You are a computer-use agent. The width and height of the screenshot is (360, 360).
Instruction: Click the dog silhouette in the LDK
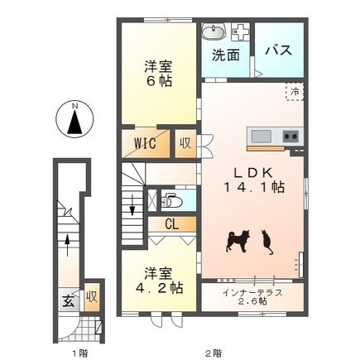pyautogui.click(x=238, y=241)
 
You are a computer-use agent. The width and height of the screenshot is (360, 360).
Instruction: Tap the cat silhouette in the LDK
pyautogui.click(x=267, y=242)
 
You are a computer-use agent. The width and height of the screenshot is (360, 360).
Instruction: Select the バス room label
pyautogui.click(x=279, y=50)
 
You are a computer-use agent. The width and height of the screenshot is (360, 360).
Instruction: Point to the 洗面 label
pyautogui.click(x=225, y=55)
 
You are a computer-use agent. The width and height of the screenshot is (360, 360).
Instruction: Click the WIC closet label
pyautogui.click(x=145, y=143)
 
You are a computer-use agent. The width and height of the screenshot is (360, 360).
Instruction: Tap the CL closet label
pyautogui.click(x=171, y=224)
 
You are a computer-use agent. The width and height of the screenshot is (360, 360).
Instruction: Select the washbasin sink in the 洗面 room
pyautogui.click(x=214, y=31)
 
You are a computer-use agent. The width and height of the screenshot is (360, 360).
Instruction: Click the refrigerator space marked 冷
pyautogui.click(x=295, y=92)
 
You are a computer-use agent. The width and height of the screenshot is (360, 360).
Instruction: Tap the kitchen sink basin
pyautogui.click(x=261, y=136)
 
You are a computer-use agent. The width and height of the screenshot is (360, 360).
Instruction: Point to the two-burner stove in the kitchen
pyautogui.click(x=290, y=136)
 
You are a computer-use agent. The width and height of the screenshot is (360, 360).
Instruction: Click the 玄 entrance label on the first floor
pyautogui.click(x=68, y=300)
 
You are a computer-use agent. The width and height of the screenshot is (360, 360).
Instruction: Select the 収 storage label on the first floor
pyautogui.click(x=92, y=296)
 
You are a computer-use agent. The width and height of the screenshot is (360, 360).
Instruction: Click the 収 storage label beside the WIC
pyautogui.click(x=185, y=143)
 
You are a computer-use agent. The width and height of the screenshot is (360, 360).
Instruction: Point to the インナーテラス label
pyautogui.click(x=252, y=292)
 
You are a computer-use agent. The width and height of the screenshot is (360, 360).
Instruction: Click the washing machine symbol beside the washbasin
pyautogui.click(x=240, y=31)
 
